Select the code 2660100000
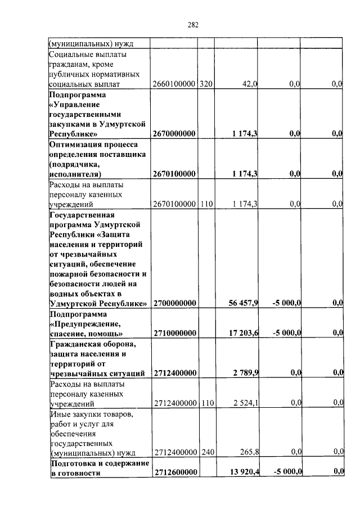pos(174,84)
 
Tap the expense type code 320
pos(205,84)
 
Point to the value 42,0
pos(249,84)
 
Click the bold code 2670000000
pos(174,134)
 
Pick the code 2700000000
pos(174,304)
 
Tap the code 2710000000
pos(174,334)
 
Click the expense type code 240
pos(205,452)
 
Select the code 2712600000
pos(174,472)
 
